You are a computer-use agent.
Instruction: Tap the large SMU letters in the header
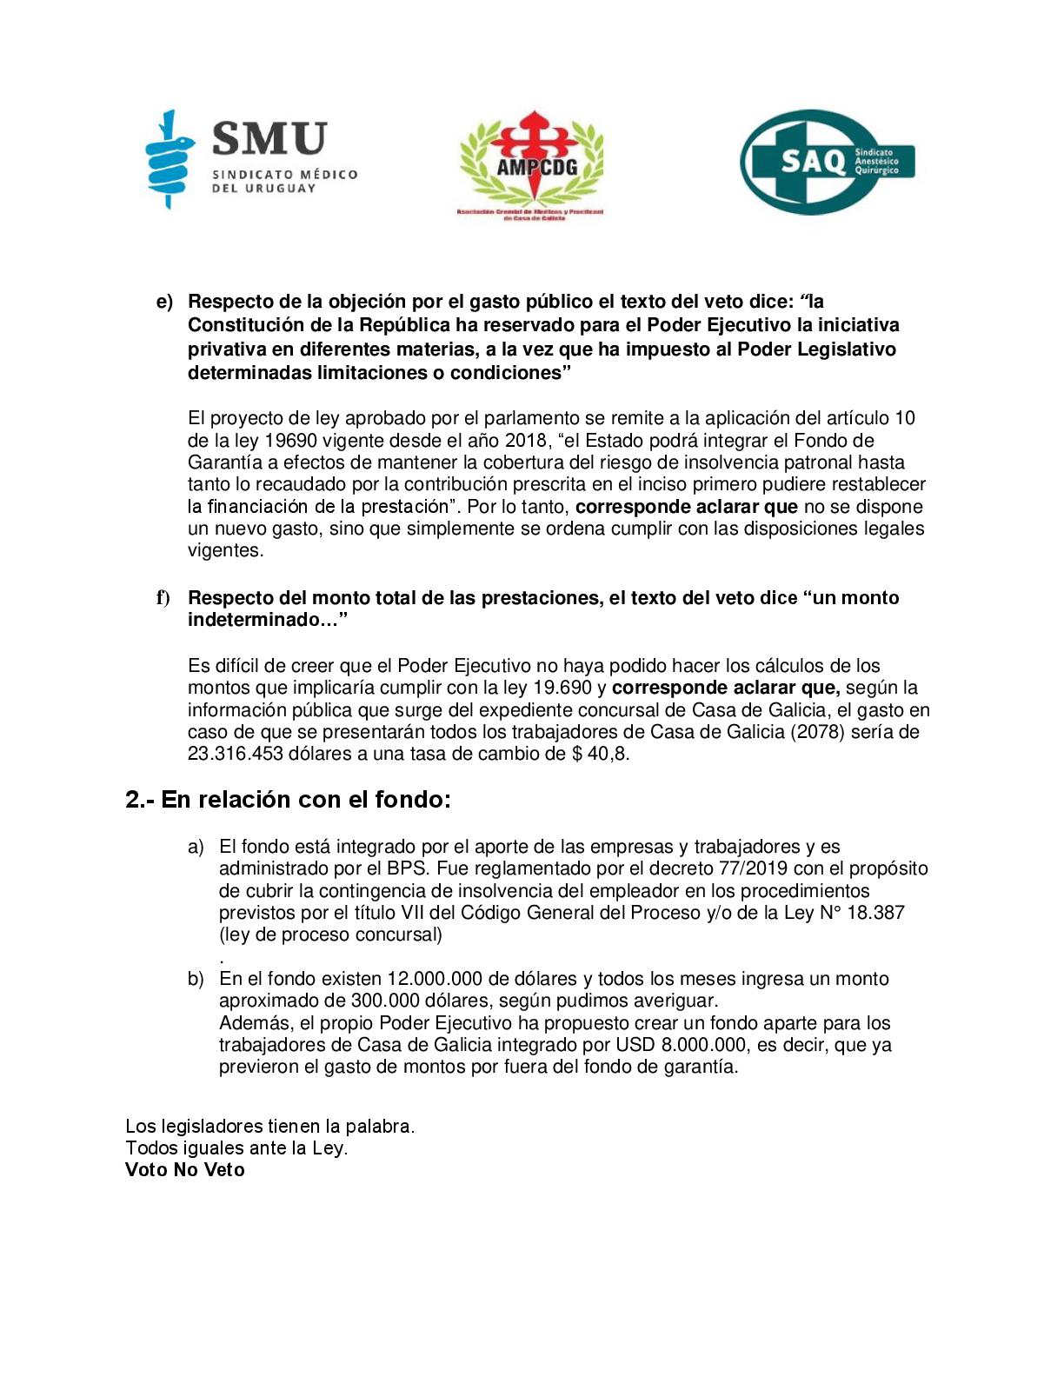269,139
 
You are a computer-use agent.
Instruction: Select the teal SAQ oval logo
826,162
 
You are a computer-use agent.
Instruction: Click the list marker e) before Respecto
164,302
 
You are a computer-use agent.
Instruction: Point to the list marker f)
163,598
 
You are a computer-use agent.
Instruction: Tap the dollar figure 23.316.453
236,754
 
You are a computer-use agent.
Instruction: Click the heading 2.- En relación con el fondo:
289,800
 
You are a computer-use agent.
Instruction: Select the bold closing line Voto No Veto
185,1170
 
